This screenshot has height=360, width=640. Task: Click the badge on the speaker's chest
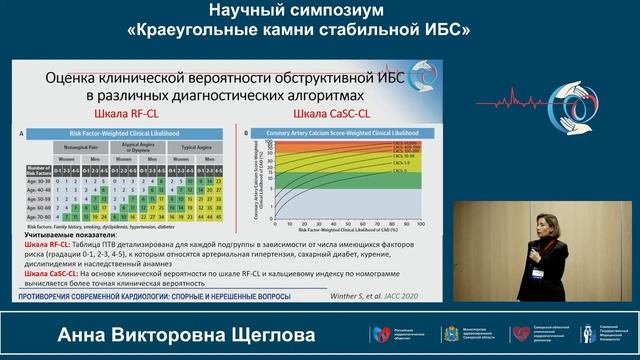tap(538, 272)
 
